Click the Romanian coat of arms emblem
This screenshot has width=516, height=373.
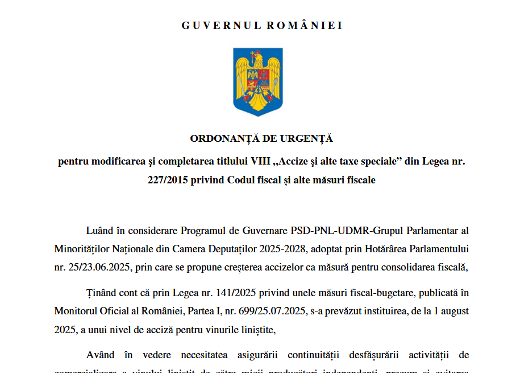tap(258, 81)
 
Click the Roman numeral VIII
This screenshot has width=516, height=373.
tap(259, 161)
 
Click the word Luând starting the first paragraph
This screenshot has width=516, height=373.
tap(99, 231)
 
